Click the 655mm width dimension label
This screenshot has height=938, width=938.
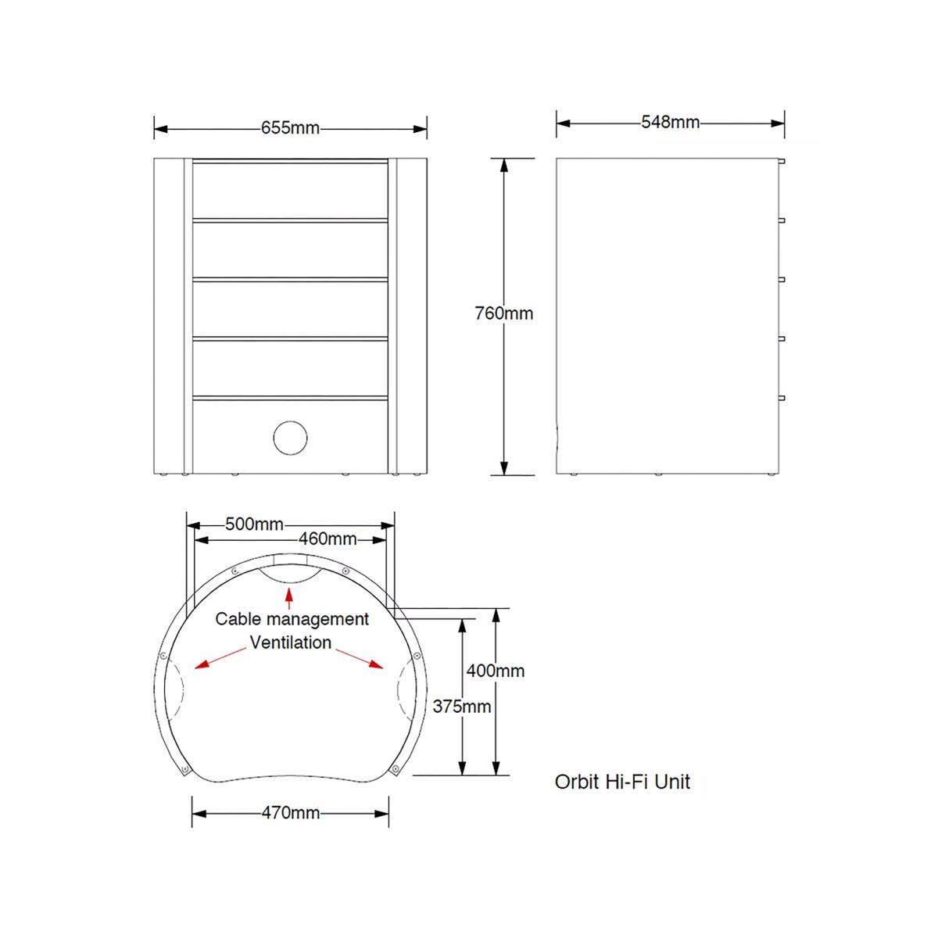point(290,128)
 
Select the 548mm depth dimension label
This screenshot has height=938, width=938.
point(670,122)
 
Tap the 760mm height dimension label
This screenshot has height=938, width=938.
point(504,313)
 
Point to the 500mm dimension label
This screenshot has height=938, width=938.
point(254,524)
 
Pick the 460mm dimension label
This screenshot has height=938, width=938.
point(328,539)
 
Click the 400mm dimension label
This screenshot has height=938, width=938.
point(496,671)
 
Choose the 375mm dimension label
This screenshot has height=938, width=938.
point(462,707)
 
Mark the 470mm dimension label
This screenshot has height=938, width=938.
point(291,812)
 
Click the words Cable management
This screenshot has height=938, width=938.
point(292,620)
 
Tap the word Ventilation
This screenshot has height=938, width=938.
point(291,643)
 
